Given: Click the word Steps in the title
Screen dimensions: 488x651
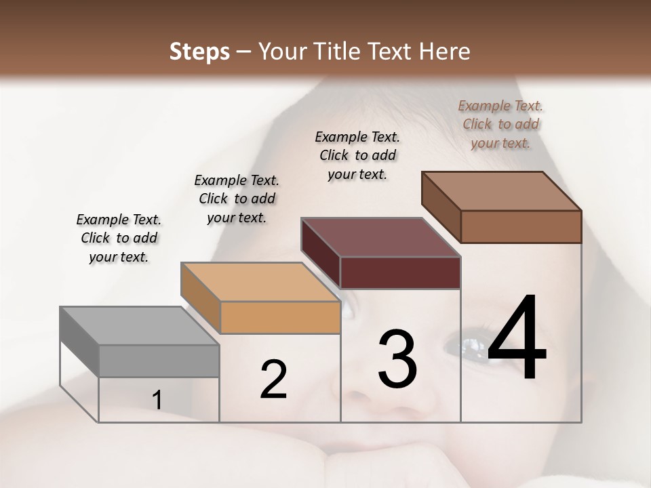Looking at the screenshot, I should (x=199, y=52).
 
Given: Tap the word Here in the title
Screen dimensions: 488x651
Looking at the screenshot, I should (x=445, y=52).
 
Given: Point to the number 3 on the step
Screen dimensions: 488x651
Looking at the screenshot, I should (x=397, y=359).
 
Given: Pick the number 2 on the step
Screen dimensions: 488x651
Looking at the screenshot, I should (x=273, y=380).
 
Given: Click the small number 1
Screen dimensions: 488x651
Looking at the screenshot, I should (x=157, y=401).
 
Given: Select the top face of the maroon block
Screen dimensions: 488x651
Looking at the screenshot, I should (x=380, y=237).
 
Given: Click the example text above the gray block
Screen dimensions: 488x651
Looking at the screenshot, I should (x=119, y=238).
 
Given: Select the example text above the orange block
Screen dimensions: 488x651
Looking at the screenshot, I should (x=237, y=199).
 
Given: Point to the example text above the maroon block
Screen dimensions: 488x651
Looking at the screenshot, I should (x=357, y=155).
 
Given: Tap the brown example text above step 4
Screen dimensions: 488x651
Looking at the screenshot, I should (x=500, y=124).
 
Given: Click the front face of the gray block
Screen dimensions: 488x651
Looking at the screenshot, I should (x=159, y=361).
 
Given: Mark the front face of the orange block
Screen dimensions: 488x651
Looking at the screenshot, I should (x=280, y=317).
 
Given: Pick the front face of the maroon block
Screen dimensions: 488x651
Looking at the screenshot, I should (x=401, y=272).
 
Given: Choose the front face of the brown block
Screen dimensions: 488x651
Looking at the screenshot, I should (x=521, y=226).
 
